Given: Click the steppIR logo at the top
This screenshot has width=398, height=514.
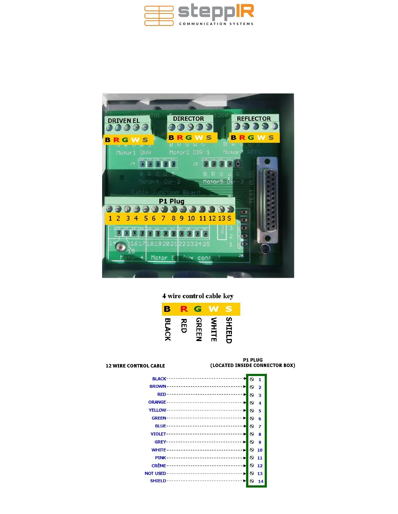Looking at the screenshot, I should click(199, 15).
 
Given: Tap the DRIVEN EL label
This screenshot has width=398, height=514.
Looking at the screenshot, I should click(124, 120).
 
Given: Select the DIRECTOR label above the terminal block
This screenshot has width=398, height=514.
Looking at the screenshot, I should click(188, 118).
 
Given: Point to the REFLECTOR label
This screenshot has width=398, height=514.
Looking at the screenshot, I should click(254, 118).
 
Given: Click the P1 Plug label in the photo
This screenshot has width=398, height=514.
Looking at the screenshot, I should click(171, 201).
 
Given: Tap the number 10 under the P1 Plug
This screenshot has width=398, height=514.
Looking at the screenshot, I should click(191, 218).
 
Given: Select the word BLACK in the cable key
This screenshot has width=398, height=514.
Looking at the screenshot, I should click(167, 329).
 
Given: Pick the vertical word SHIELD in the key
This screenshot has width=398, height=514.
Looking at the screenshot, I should click(229, 330).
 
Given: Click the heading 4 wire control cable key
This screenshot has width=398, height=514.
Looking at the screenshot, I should click(198, 296).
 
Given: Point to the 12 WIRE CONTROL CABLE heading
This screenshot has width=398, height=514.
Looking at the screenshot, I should click(135, 366).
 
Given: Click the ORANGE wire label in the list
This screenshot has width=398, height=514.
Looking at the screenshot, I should click(157, 402).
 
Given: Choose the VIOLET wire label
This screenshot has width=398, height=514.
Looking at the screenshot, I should click(158, 434).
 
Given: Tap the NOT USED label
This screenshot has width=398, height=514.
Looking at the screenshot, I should click(155, 473).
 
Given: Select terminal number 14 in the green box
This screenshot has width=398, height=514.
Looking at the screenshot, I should click(260, 481).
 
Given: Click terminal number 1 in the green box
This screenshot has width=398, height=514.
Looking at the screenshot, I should click(260, 379).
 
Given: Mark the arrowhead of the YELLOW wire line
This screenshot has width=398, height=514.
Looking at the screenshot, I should click(245, 410).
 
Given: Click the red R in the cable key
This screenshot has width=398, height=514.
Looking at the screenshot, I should click(184, 309).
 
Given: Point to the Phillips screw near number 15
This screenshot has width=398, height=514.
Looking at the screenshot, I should click(122, 248).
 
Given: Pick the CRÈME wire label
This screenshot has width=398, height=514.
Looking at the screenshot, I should click(159, 466).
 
